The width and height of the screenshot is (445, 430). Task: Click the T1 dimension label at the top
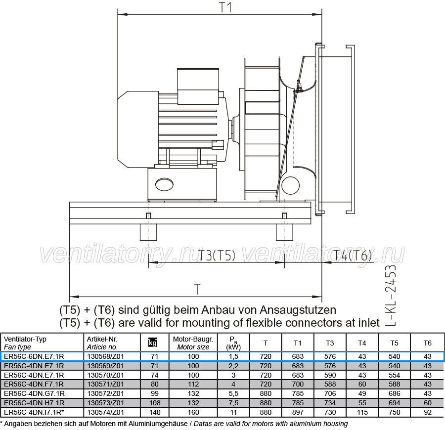[225, 7]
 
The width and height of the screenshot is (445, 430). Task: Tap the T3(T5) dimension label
[216, 256]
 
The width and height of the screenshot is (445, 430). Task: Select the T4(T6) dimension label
[352, 256]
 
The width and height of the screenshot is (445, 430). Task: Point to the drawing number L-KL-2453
[390, 295]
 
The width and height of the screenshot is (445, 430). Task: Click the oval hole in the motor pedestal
[164, 184]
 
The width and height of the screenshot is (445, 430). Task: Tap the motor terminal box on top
[198, 86]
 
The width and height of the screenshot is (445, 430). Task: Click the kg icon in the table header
[153, 343]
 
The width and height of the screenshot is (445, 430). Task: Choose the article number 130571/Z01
[105, 384]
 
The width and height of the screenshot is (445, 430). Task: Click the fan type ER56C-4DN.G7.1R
[34, 393]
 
